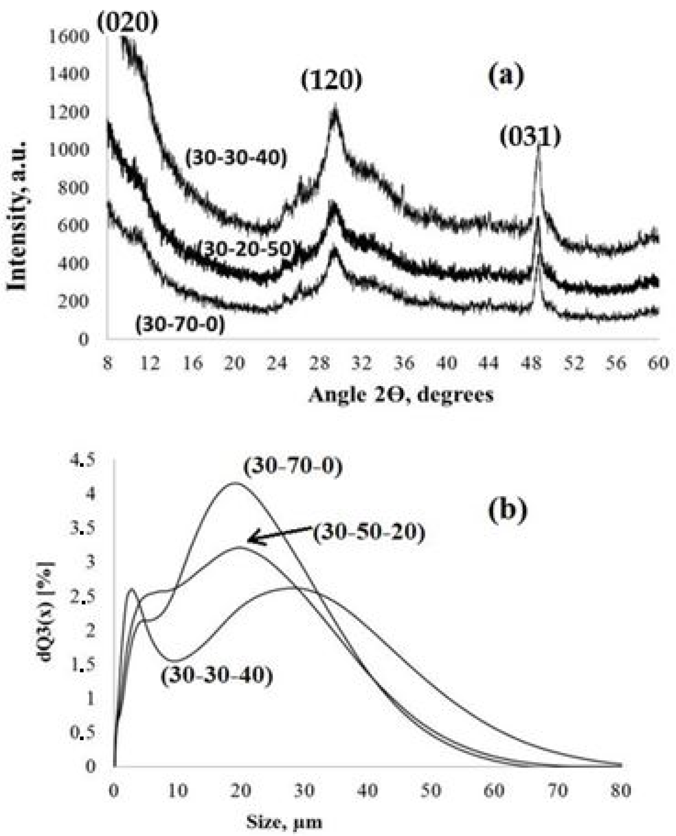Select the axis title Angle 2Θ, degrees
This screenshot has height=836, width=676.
click(401, 395)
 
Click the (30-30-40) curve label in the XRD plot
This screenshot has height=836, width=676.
click(236, 158)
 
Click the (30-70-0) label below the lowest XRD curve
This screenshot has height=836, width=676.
click(180, 324)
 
